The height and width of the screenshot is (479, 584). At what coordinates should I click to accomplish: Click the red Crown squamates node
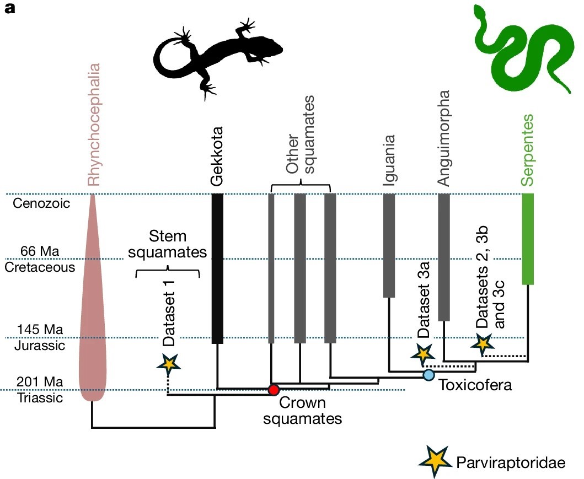(x=273, y=390)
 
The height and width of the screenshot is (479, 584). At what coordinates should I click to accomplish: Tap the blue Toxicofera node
(x=429, y=375)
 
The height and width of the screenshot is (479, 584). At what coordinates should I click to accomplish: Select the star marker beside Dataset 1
(x=169, y=363)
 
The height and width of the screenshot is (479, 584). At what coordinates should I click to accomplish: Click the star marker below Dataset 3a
(x=423, y=353)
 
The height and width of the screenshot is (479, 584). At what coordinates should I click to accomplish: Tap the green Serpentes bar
(x=528, y=239)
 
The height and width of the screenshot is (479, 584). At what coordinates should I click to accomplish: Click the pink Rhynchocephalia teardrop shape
(x=92, y=309)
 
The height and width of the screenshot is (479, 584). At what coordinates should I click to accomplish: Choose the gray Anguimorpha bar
(x=444, y=257)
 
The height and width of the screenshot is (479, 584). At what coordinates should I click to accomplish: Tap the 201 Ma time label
(x=40, y=381)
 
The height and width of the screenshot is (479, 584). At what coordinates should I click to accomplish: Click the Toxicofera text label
(x=475, y=385)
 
